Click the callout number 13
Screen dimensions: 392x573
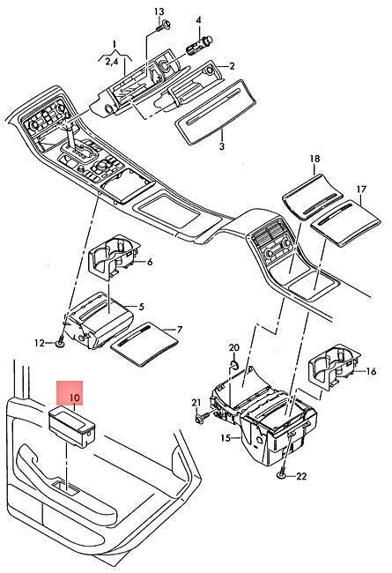point(159,11)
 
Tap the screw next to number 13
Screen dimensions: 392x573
point(164,26)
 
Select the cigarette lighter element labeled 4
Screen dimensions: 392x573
point(199,44)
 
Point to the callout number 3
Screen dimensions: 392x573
point(222,147)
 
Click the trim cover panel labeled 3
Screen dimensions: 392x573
point(215,111)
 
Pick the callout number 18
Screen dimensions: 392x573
point(314,159)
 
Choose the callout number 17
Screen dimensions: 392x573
point(361,190)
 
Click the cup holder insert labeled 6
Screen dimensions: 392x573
point(114,257)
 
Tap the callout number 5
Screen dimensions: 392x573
point(141,306)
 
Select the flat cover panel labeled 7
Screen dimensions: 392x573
point(144,343)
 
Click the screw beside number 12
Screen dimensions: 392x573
point(61,342)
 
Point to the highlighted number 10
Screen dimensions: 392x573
point(74,397)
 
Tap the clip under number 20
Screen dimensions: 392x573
point(233,364)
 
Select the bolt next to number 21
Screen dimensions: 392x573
point(202,417)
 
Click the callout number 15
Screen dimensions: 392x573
point(226,437)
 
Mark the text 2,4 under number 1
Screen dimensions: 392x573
point(112,62)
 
